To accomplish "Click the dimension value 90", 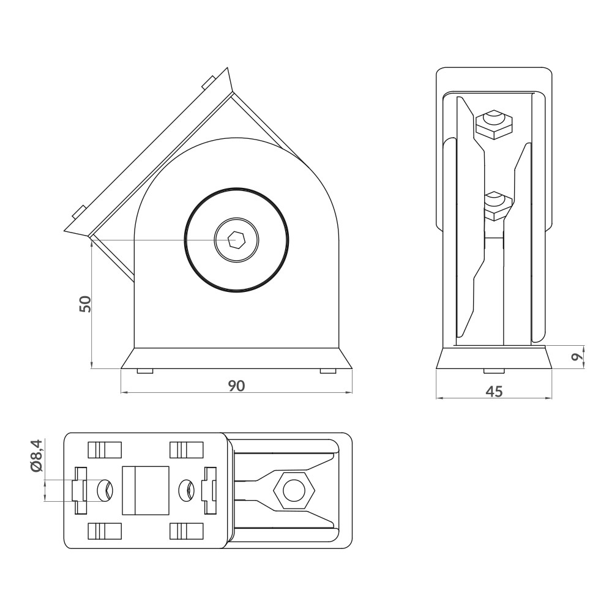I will [x=237, y=386].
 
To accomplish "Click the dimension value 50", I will [x=86, y=304].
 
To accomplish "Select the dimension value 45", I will [x=494, y=392].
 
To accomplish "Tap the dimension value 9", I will [x=575, y=357].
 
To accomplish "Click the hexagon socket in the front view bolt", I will [x=236, y=240].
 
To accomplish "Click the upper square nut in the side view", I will [x=494, y=124].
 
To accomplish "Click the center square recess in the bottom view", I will [x=146, y=490].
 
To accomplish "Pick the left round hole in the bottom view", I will [x=105, y=490].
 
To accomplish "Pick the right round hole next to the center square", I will [x=186, y=490].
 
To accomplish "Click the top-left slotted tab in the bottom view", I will [x=105, y=450].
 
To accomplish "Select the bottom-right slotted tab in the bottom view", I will [x=186, y=531].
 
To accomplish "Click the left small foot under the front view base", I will [x=145, y=371].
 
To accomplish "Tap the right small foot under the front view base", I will [x=328, y=371].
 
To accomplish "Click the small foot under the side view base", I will [x=494, y=371].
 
